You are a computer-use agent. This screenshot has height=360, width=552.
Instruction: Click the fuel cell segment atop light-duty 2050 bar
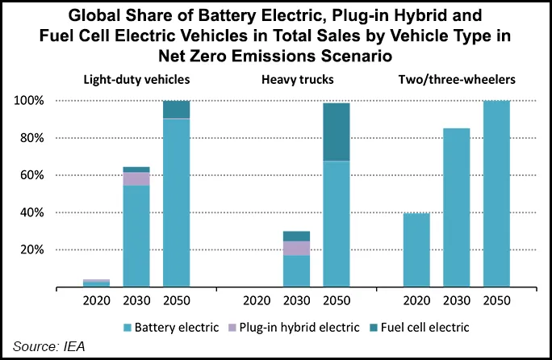click(176, 109)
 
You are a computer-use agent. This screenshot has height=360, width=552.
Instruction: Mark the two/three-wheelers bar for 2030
click(457, 207)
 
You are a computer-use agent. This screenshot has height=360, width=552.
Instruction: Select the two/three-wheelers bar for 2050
click(497, 194)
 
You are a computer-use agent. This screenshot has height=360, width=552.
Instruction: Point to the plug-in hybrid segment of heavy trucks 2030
click(296, 248)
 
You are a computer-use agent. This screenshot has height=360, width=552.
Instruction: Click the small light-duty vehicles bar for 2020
click(96, 283)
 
